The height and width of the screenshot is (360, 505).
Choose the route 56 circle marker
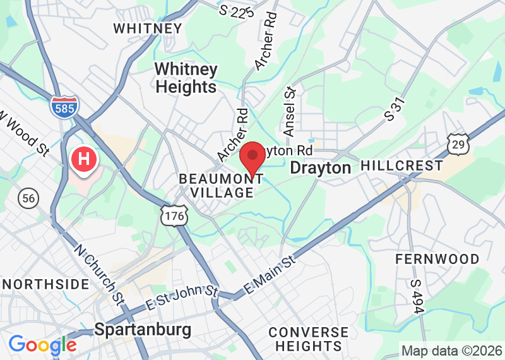click(x=27, y=197)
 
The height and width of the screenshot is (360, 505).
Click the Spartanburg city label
click(x=143, y=329)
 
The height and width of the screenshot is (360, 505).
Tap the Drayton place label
click(x=320, y=167)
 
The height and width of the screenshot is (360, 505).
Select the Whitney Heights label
click(x=186, y=78)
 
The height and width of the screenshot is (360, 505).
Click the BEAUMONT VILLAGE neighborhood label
click(x=221, y=186)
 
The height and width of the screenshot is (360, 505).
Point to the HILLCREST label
click(x=401, y=166)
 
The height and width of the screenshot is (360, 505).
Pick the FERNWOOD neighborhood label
click(x=437, y=259)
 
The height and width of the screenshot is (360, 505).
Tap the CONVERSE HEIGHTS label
click(x=308, y=339)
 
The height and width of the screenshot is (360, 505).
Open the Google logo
click(x=42, y=345)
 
